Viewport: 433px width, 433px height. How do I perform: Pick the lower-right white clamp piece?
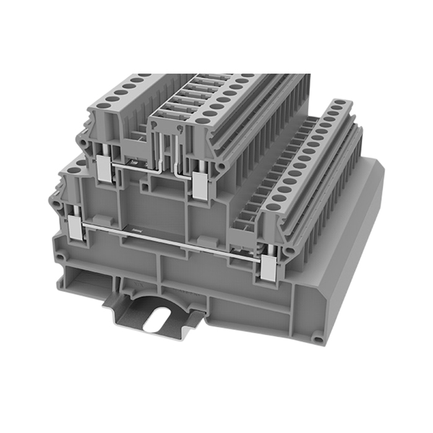(268, 268)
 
